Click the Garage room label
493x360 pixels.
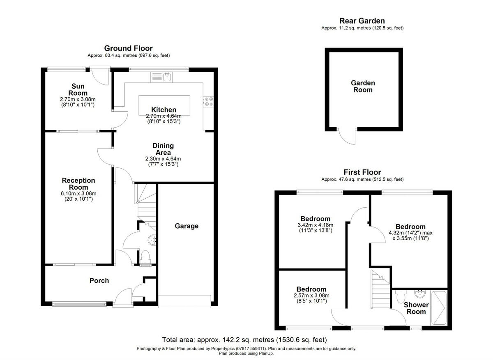(187, 226)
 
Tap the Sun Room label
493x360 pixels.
(78, 89)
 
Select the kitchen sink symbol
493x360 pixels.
(167, 76)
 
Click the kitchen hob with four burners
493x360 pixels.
(207, 101)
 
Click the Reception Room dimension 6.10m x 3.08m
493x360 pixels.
(78, 193)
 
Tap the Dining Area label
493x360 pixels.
(163, 149)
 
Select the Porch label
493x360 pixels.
(99, 281)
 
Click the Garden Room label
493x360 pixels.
(363, 86)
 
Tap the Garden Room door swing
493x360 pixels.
(347, 136)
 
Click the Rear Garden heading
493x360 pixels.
(362, 21)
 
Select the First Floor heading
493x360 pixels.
(362, 172)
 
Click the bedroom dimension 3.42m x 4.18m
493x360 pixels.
(315, 225)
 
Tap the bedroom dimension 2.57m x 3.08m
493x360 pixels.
(312, 295)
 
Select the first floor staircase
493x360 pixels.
(380, 289)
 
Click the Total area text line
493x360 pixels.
(244, 339)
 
